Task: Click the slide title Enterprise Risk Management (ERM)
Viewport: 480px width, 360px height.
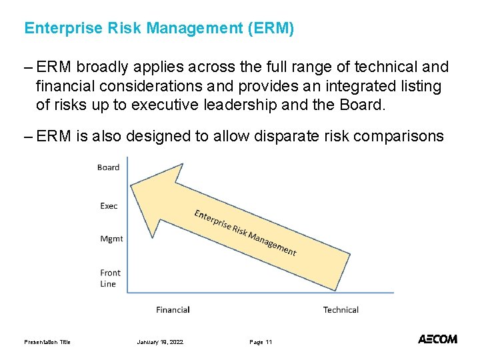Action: coord(159,29)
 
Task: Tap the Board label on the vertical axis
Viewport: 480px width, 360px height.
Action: coord(108,167)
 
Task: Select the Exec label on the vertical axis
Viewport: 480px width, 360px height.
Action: coord(109,206)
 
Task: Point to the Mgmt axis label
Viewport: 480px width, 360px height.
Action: coord(111,239)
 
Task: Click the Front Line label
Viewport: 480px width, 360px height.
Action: coord(110,278)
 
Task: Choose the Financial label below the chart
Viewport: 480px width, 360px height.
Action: coord(173,309)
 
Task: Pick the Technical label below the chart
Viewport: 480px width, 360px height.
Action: coord(341,309)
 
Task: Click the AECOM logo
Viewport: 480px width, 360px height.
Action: coord(437,339)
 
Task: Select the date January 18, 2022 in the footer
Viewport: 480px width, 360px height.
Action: coord(160,342)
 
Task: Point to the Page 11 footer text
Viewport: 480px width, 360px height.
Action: coord(261,342)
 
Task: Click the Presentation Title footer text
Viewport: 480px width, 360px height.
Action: coord(47,342)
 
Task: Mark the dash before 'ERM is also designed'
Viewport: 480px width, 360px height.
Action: coord(29,137)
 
